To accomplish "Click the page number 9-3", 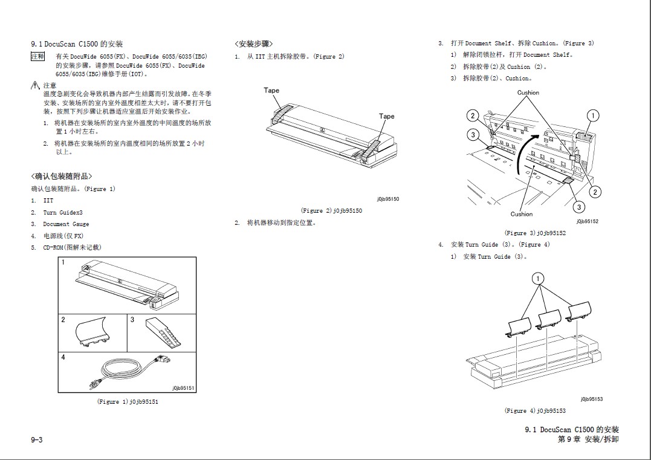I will [x=37, y=439].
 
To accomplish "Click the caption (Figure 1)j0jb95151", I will [x=128, y=401].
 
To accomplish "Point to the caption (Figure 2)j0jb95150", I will [x=331, y=210].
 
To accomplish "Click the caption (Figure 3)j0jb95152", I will [x=535, y=233].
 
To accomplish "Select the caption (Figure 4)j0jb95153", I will [x=535, y=411].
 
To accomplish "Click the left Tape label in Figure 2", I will [x=271, y=91].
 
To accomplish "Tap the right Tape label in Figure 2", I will [x=387, y=116].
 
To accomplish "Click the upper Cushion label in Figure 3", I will [x=528, y=92].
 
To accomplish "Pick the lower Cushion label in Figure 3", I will [x=522, y=214].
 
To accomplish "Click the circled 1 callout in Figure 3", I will [x=594, y=115].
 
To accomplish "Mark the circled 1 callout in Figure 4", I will [x=537, y=279].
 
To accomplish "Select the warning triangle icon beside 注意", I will [x=36, y=86].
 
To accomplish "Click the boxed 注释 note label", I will [x=37, y=56].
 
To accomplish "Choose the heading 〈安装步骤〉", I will [x=254, y=44].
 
